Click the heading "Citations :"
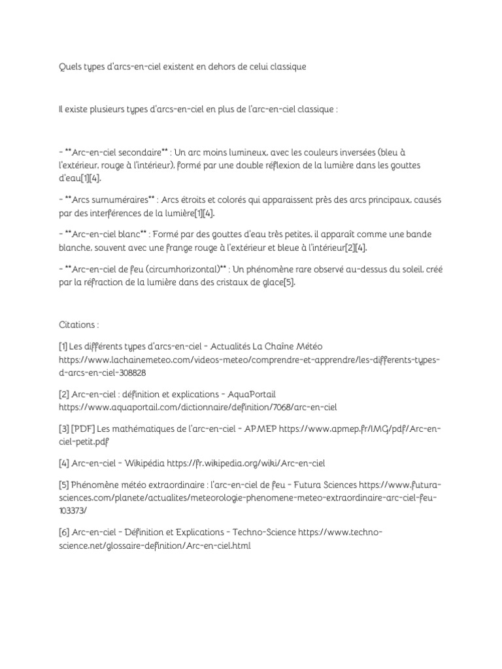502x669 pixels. (x=78, y=324)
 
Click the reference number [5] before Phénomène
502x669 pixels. (x=63, y=485)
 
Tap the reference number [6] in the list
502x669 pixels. (x=63, y=532)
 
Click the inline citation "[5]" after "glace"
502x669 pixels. (x=288, y=282)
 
